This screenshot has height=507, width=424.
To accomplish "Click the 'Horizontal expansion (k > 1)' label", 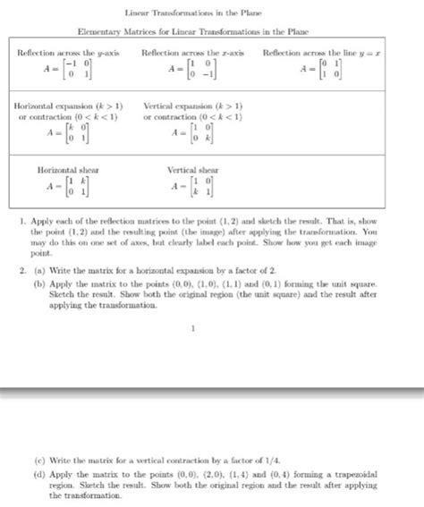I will click(64, 106).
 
